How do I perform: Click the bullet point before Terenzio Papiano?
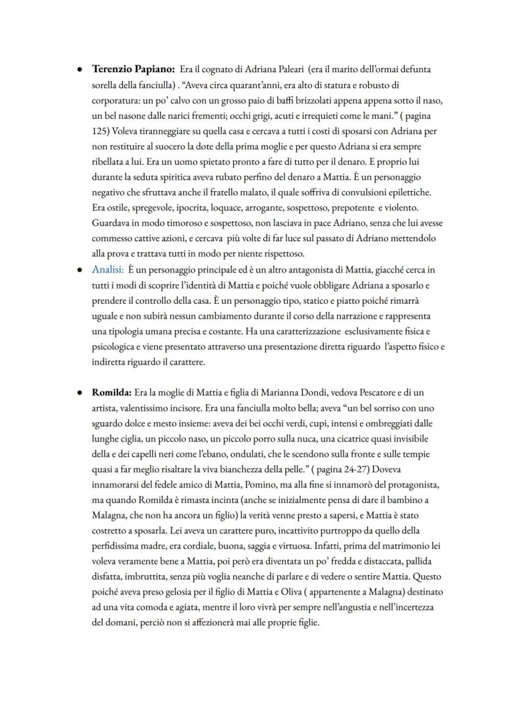(x=80, y=69)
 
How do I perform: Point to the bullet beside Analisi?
(x=80, y=269)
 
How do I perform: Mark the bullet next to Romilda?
(x=80, y=391)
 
